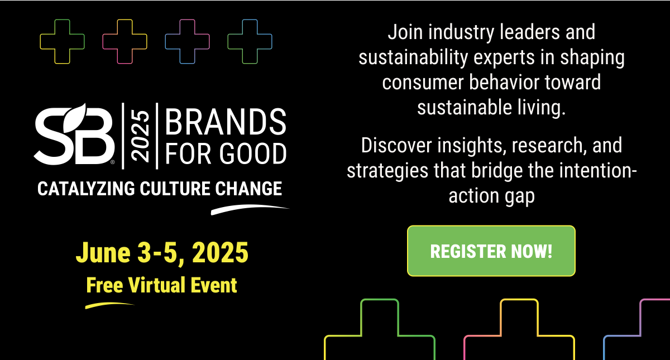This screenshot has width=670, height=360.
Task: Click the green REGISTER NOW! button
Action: [x=491, y=251]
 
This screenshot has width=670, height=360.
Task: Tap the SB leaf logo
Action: [x=74, y=135]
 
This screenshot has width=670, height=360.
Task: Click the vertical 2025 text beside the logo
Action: [x=140, y=136]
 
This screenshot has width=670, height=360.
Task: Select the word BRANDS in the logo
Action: [x=226, y=122]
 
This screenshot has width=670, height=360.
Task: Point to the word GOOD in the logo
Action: [x=253, y=153]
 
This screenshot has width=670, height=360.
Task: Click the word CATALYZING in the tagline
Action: [x=86, y=189]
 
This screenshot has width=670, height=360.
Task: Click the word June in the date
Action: [x=103, y=253]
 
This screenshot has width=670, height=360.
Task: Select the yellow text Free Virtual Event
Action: [x=161, y=285]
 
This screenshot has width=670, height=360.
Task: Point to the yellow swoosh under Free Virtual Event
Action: [x=109, y=305]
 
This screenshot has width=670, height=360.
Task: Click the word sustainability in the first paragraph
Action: [x=413, y=57]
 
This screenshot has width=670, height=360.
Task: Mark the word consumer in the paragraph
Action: [x=423, y=83]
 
